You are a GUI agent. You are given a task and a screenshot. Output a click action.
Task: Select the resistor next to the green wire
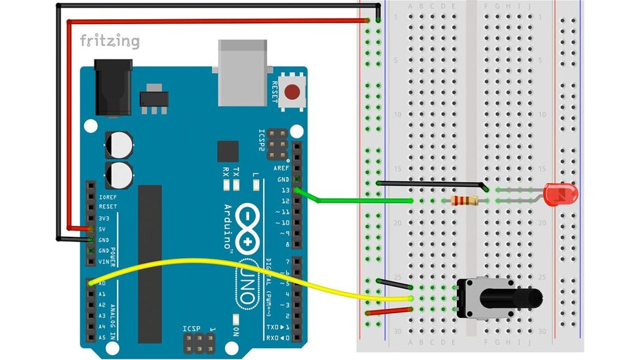pos(465,200)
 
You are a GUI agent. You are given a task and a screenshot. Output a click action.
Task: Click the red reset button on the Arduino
pos(294,91)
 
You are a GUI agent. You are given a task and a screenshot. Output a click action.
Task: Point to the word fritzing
pos(109,41)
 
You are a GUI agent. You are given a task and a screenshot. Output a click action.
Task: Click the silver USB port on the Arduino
pos(242,72)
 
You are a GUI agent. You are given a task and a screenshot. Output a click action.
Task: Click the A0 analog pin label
pos(102,283)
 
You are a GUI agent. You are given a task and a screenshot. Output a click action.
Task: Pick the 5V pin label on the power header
pos(103,229)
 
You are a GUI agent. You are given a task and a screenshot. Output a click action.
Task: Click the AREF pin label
pos(281,168)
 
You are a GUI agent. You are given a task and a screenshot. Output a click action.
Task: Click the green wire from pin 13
pos(358,200)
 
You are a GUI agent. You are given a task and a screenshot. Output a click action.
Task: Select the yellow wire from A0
pos(206,264)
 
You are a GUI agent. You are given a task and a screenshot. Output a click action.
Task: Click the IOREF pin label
pos(107,197)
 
